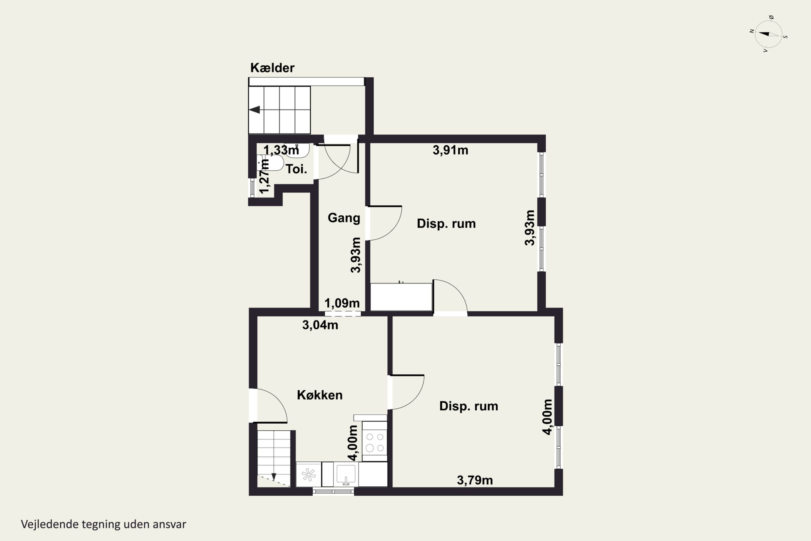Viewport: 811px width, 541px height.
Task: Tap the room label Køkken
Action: [x=320, y=395]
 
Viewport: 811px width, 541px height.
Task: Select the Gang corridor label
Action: [x=344, y=218]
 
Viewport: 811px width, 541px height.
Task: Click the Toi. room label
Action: [x=296, y=169]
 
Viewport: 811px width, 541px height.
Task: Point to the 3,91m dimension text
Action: [x=450, y=150]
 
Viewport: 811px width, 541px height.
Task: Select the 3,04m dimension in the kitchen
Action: [x=320, y=325]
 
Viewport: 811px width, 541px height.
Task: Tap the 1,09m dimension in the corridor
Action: [x=342, y=303]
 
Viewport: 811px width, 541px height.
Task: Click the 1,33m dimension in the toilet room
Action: [x=281, y=150]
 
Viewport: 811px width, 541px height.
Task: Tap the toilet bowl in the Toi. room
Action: [x=270, y=163]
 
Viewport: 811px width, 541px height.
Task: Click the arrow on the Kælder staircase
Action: [x=254, y=110]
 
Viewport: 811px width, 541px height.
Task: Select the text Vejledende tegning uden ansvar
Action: [x=104, y=524]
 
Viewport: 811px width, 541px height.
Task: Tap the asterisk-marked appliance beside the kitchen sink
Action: [x=309, y=475]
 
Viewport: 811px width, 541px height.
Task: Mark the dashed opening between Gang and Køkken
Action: [x=343, y=314]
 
